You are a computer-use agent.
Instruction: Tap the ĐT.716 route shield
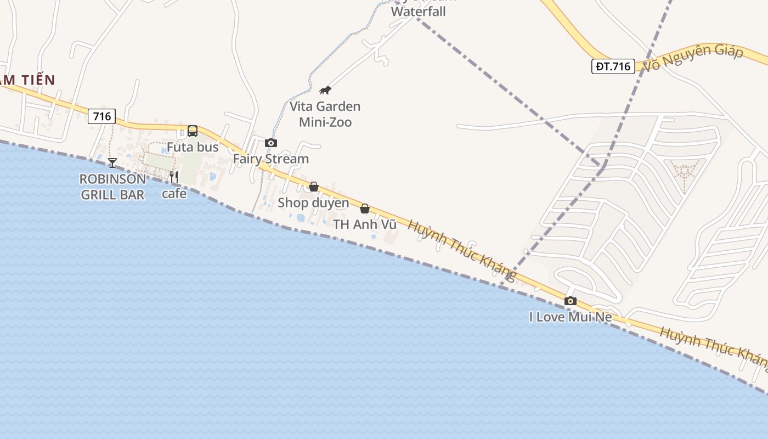[x=613, y=66]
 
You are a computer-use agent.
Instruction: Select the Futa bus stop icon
[x=193, y=131]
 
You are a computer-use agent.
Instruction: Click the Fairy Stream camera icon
[x=271, y=143]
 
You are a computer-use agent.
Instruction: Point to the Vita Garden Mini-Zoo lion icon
[x=325, y=90]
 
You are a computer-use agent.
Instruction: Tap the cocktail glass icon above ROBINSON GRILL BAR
[x=112, y=162]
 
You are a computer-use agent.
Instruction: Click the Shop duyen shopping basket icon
[x=314, y=187]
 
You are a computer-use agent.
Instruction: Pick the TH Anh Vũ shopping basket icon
[x=365, y=209]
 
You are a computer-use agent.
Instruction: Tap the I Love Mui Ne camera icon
[x=571, y=301]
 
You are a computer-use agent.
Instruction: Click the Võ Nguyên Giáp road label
[x=693, y=57]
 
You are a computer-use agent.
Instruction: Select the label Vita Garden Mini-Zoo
[x=325, y=114]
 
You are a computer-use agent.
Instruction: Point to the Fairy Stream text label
[x=271, y=159]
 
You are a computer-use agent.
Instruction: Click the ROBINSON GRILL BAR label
[x=112, y=187]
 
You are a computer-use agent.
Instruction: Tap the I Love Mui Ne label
[x=571, y=317]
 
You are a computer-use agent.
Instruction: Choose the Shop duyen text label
[x=313, y=202]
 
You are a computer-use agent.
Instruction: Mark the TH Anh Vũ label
[x=365, y=224]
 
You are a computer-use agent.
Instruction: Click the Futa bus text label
[x=193, y=147]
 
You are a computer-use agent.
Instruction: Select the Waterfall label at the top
[x=418, y=11]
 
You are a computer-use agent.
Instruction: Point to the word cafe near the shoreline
[x=174, y=193]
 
